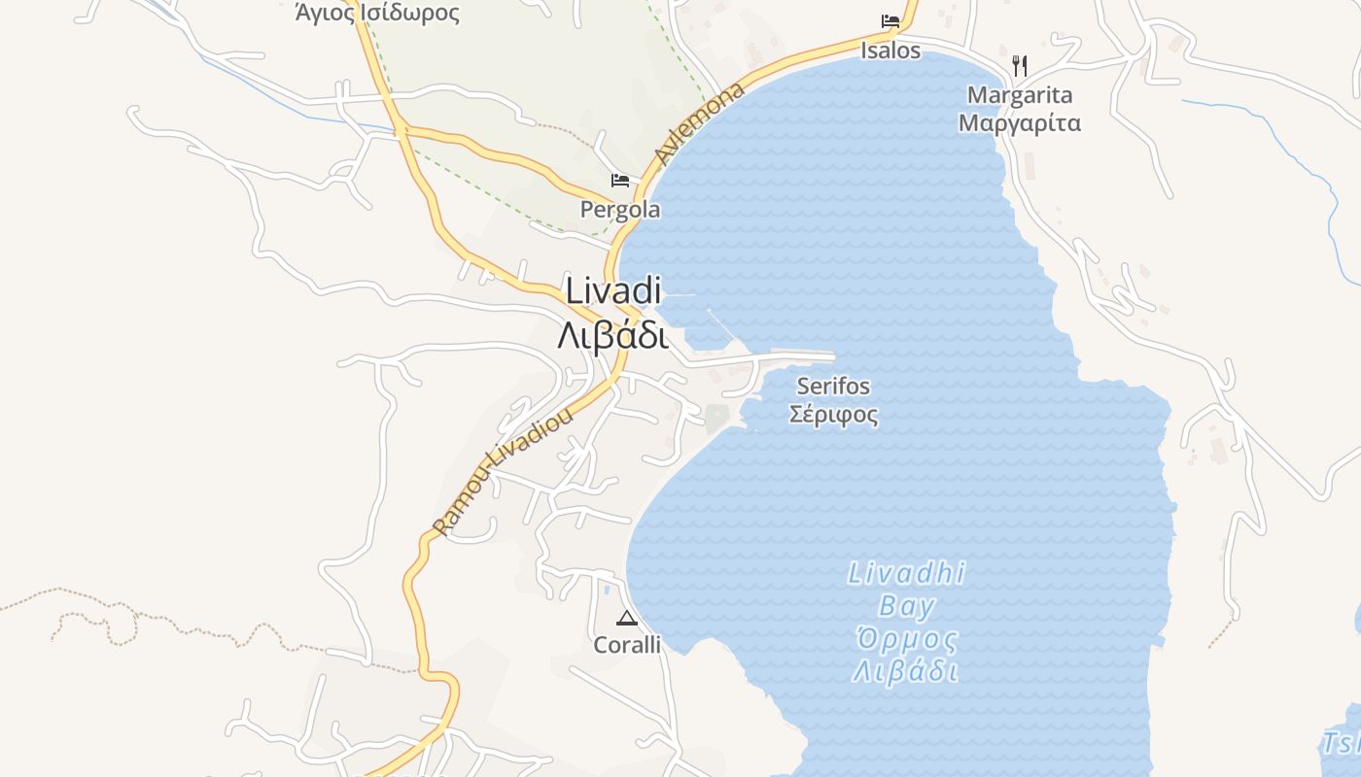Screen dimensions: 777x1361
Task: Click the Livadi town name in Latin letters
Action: click(x=613, y=290)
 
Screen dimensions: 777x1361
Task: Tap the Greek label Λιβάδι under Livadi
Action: click(x=613, y=335)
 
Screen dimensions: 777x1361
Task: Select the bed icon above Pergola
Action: click(x=619, y=181)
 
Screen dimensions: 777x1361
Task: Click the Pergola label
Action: click(x=620, y=210)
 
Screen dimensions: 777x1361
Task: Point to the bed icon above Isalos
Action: click(x=890, y=21)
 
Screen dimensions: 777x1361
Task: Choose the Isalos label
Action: click(x=890, y=51)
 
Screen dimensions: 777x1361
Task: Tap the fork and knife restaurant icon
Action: click(x=1019, y=66)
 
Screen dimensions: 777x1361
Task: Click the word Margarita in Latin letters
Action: click(x=1020, y=95)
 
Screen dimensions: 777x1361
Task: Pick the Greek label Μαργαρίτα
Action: click(x=1020, y=123)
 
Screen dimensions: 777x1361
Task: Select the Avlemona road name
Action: click(x=700, y=123)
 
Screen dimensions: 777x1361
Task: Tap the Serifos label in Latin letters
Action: click(x=833, y=387)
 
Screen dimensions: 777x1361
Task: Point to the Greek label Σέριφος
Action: click(x=833, y=415)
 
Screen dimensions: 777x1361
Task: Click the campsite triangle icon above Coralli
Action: click(x=627, y=619)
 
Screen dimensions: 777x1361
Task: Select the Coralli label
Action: click(x=627, y=645)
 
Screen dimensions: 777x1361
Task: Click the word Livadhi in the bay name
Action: click(x=906, y=573)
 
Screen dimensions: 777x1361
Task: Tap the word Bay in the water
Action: click(x=906, y=607)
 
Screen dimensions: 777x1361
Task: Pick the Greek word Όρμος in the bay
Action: click(x=906, y=640)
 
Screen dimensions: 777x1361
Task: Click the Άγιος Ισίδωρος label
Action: click(x=377, y=13)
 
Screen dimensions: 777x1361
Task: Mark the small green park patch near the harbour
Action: click(x=716, y=419)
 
